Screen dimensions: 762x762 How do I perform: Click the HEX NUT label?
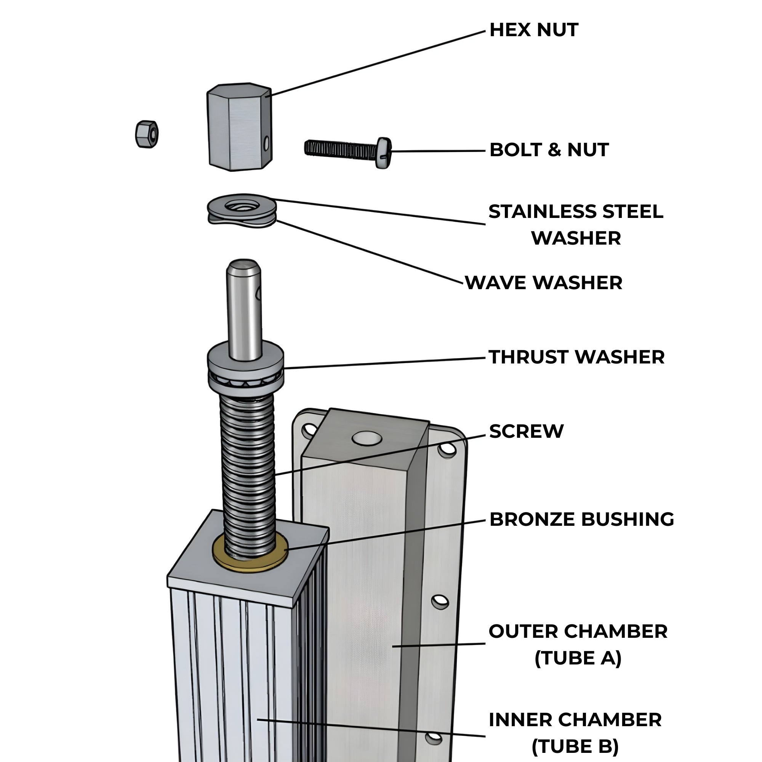533,30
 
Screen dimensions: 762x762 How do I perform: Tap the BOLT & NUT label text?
549,150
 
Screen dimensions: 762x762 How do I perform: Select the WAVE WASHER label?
544,283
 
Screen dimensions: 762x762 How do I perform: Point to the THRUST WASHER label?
576,357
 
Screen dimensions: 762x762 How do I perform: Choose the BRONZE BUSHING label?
581,519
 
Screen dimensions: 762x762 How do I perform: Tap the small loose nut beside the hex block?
146,134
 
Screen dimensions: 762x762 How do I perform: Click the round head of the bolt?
383,153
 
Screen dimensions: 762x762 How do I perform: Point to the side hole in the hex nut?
267,144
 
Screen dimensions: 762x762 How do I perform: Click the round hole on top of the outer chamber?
367,437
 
